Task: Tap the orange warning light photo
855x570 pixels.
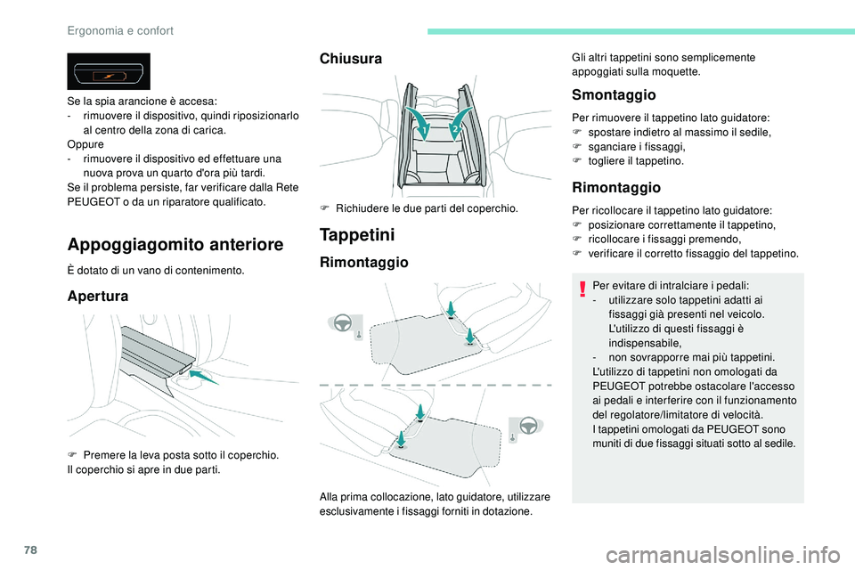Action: point(108,71)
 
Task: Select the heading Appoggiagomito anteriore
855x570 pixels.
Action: point(175,244)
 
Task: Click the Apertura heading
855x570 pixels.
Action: point(98,296)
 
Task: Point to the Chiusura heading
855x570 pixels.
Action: point(351,59)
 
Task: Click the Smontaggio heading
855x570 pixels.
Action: point(613,94)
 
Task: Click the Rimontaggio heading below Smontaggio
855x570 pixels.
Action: point(616,187)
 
